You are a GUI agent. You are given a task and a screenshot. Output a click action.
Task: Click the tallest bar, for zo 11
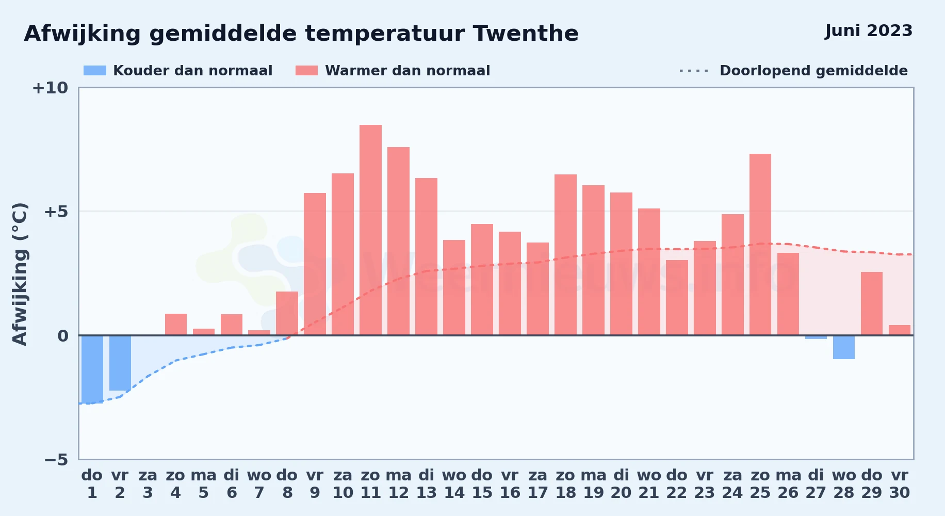click(370, 230)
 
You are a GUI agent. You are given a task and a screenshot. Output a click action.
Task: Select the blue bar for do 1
click(92, 369)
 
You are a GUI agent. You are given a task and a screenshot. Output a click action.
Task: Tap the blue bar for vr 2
click(120, 363)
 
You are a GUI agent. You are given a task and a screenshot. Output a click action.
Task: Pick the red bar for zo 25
click(760, 245)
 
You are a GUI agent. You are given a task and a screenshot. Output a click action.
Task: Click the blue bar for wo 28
click(844, 347)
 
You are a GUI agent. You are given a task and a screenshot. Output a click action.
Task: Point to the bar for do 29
click(872, 303)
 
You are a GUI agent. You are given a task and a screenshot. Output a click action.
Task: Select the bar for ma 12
click(398, 241)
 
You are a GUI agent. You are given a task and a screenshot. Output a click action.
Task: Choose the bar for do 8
click(287, 313)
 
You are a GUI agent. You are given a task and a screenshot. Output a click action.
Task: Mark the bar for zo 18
click(565, 255)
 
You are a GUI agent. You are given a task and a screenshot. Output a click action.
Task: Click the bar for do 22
click(677, 298)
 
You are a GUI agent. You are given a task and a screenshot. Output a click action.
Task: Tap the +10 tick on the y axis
click(50, 88)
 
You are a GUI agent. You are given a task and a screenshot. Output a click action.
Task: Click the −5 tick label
click(56, 459)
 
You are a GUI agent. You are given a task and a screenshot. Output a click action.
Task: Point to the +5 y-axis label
click(56, 212)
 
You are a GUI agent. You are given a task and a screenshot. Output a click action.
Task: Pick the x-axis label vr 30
click(900, 483)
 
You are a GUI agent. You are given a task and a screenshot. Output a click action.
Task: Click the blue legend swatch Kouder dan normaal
click(95, 71)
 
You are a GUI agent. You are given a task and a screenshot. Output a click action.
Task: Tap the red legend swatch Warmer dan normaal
click(306, 71)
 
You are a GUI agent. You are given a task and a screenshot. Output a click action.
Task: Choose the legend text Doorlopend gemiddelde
click(813, 71)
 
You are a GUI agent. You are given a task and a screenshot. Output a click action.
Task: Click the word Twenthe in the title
click(526, 34)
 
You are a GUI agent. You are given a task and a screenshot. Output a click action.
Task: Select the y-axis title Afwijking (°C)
click(20, 274)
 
